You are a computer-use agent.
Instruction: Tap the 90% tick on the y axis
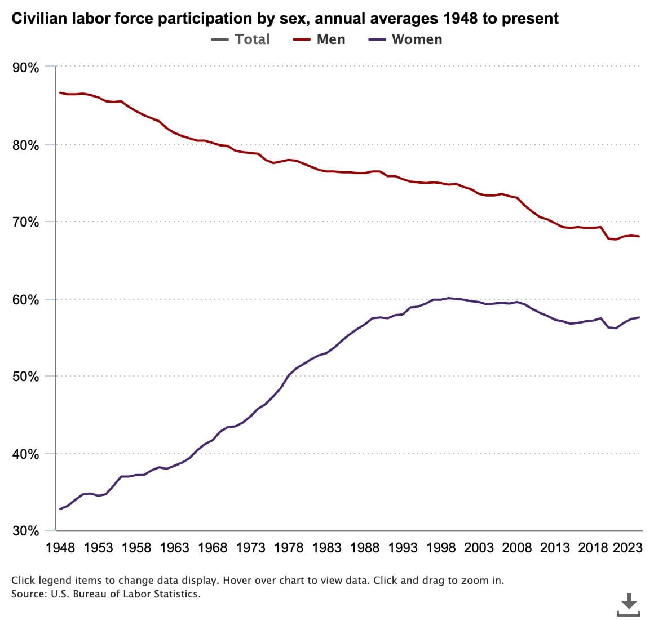tap(25, 68)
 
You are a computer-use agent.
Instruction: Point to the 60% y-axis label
tap(25, 300)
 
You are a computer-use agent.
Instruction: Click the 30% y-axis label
tap(25, 531)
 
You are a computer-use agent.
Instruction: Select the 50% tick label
tap(25, 377)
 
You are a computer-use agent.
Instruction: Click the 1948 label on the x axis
tap(60, 548)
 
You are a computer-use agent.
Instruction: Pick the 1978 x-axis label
tap(289, 548)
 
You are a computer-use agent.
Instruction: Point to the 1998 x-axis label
tap(441, 548)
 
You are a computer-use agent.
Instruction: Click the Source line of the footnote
tap(105, 594)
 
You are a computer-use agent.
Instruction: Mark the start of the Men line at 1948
tap(60, 92)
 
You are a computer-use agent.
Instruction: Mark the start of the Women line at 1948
tap(60, 509)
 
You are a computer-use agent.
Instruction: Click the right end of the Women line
tap(639, 317)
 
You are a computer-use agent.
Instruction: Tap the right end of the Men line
tap(639, 236)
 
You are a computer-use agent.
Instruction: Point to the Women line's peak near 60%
tap(448, 298)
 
